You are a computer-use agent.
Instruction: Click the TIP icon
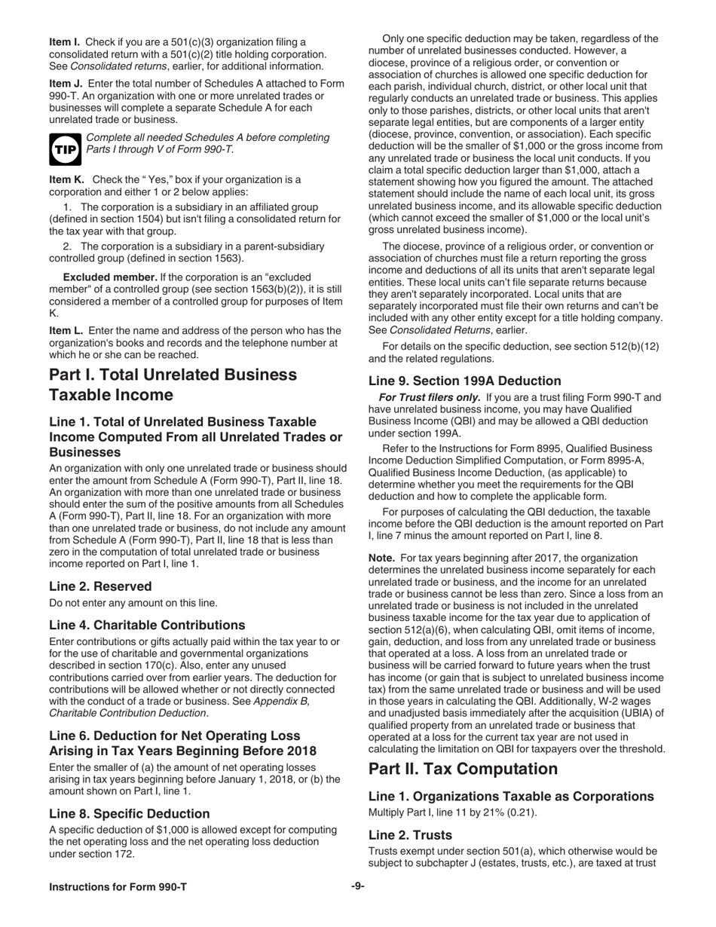point(64,149)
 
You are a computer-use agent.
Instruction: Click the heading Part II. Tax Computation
point(463,769)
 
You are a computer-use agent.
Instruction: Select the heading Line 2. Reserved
point(100,586)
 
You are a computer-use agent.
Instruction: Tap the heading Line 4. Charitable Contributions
point(147,625)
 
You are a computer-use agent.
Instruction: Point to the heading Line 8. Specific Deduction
point(130,813)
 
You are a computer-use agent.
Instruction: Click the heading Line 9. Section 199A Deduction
point(464,381)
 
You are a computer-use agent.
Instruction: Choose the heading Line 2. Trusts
point(410,835)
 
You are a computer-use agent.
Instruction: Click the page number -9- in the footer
point(358,886)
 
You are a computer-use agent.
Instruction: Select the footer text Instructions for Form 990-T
point(118,887)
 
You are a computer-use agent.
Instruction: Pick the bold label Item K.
point(66,179)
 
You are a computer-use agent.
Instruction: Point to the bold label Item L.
point(66,330)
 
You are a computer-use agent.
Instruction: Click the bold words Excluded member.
point(110,277)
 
